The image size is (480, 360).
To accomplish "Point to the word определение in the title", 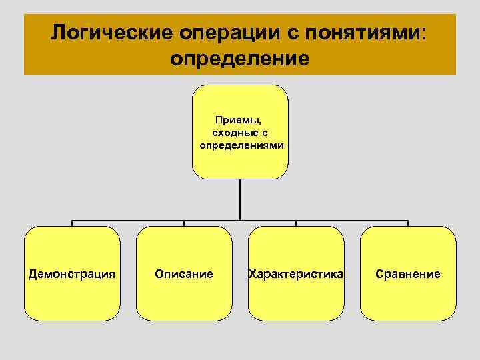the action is tap(239, 59).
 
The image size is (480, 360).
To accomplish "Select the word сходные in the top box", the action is tap(236, 133).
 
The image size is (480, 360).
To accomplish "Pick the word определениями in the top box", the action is tap(241, 145).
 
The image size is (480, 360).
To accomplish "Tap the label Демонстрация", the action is tap(72, 274).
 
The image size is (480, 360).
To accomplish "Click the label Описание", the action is tap(184, 274).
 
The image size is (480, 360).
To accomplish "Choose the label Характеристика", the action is tap(296, 274).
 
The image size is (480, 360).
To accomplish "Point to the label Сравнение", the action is tap(408, 274).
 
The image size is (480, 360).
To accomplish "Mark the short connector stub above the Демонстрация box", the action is tap(72, 223).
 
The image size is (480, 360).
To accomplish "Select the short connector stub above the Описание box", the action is tap(184, 223).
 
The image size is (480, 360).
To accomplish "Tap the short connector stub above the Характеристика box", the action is tap(296, 223).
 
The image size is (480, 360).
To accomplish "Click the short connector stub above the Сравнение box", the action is tap(408, 223).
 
